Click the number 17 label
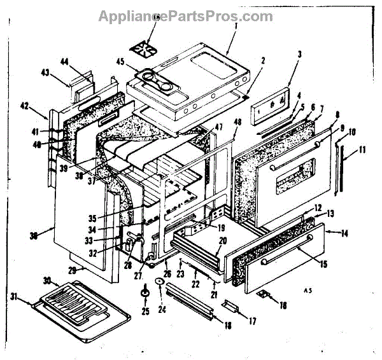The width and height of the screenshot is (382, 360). point(252,321)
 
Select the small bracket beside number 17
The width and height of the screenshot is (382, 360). point(230,308)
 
